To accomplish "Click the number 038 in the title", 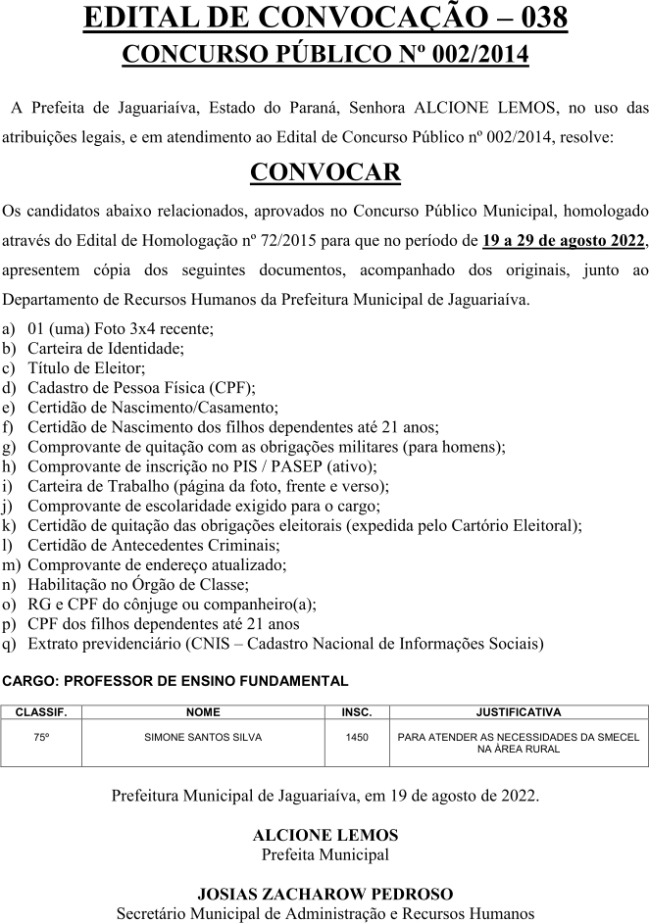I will [532, 18].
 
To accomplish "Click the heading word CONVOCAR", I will [325, 172].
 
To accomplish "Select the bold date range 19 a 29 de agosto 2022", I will [564, 240].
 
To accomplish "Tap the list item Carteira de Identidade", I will [106, 347].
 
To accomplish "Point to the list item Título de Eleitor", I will [86, 367].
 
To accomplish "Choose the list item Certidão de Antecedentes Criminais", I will [154, 545].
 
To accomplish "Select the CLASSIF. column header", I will [41, 712].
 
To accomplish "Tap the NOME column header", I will [203, 712].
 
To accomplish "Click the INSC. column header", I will [357, 712].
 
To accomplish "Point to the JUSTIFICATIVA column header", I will [518, 712].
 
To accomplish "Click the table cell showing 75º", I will [41, 737].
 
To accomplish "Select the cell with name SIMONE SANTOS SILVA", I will [203, 737].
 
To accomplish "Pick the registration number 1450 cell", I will [357, 737].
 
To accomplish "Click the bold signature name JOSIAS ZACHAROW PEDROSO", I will [324, 894].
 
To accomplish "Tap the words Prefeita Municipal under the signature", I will [324, 854].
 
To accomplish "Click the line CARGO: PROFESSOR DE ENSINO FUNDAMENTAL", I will [175, 680].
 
